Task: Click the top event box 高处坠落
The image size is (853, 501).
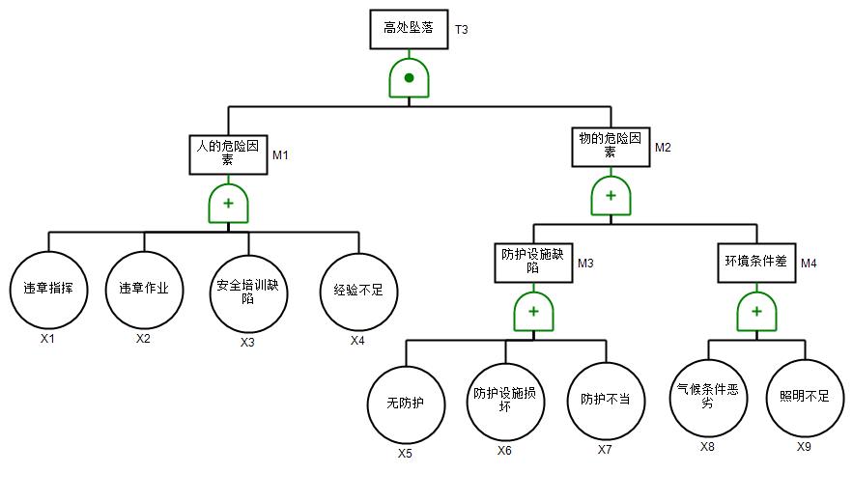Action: [x=409, y=29]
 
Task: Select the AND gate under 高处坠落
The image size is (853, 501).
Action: [x=409, y=77]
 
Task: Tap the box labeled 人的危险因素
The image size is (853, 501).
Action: [x=228, y=153]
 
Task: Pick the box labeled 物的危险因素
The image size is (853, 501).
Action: [x=610, y=146]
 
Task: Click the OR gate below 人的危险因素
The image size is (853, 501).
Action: [x=229, y=204]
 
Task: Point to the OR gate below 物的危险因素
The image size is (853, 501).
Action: [x=611, y=196]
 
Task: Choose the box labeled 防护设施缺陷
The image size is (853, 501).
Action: [x=533, y=261]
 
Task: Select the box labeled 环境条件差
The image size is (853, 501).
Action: [x=756, y=261]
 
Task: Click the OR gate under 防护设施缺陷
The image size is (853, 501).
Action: [x=533, y=312]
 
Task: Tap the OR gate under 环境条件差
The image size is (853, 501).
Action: [x=756, y=312]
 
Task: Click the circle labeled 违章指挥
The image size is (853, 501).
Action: [x=48, y=289]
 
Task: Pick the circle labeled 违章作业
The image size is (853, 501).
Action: [x=144, y=289]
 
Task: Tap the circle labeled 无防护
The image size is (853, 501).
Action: [x=405, y=403]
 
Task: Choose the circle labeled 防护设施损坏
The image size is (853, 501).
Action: [x=505, y=401]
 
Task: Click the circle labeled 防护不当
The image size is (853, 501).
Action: [x=606, y=401]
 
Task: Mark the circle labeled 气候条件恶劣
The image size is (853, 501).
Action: [x=708, y=398]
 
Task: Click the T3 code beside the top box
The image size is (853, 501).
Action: [x=462, y=30]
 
